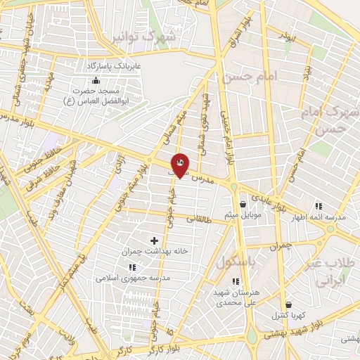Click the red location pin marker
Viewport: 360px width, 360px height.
click(x=180, y=165)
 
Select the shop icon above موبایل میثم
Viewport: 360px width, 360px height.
click(x=243, y=205)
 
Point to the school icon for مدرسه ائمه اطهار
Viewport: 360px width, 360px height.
click(x=319, y=207)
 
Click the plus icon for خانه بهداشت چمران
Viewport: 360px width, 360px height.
click(x=155, y=240)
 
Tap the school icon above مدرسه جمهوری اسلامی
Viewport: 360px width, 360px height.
click(x=132, y=267)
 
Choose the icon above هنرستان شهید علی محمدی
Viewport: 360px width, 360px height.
click(x=236, y=281)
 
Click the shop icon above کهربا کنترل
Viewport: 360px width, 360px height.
click(x=289, y=304)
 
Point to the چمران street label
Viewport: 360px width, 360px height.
click(x=279, y=246)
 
